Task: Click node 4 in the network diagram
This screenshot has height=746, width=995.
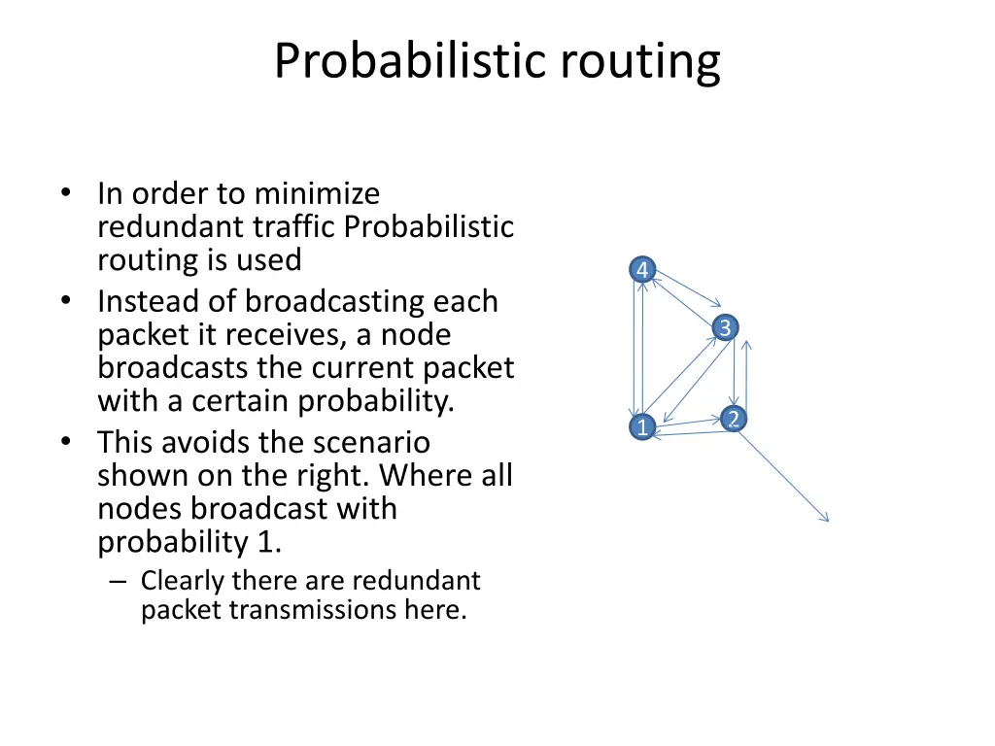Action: (642, 270)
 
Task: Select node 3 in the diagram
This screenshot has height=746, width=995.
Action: (724, 328)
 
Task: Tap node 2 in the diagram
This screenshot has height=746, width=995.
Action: (734, 419)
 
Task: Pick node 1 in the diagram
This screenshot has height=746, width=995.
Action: (641, 426)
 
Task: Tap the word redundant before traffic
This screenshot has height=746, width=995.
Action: (171, 227)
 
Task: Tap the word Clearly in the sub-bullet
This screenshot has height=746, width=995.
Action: (181, 581)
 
